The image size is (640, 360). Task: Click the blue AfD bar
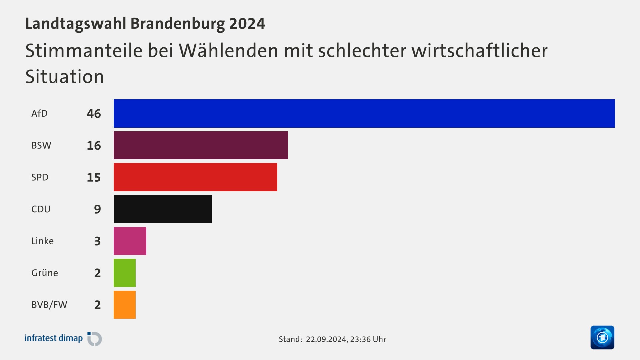(364, 113)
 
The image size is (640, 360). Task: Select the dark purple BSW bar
(201, 145)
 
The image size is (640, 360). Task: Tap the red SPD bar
(195, 177)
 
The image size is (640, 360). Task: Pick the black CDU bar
(163, 209)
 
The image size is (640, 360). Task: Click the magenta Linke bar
(130, 241)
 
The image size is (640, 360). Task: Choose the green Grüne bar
(125, 273)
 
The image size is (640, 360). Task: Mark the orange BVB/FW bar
(125, 305)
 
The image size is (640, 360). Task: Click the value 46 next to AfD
(94, 114)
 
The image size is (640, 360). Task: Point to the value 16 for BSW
(94, 146)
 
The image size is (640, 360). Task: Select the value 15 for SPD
(94, 177)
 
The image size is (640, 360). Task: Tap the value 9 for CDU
(97, 209)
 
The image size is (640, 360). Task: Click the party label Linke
(42, 241)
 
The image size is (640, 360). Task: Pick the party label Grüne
(45, 273)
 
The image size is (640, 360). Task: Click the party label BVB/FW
(49, 305)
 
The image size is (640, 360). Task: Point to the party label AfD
(39, 114)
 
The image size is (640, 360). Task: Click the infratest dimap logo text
(54, 338)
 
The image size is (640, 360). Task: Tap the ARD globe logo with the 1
(602, 337)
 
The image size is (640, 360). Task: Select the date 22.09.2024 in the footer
(326, 339)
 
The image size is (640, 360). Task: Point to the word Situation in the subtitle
(65, 77)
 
